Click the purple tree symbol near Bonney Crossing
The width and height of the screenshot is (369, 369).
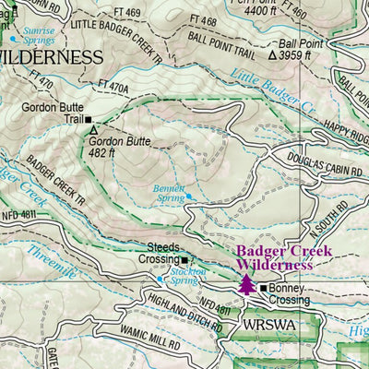[x=246, y=283]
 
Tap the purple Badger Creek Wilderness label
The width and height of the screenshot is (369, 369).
[x=276, y=257]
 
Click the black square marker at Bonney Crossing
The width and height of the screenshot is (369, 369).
[x=263, y=289]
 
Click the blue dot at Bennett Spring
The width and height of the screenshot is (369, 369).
[x=188, y=196]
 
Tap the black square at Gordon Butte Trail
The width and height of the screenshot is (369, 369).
[x=89, y=119]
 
